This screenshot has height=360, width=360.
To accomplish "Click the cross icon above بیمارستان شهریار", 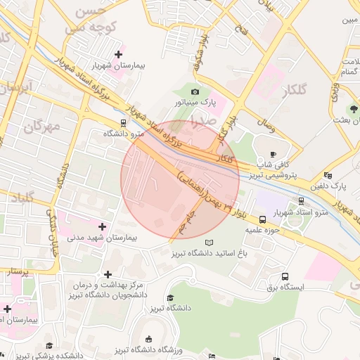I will [x=118, y=53].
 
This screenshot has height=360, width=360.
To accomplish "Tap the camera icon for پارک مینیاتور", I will [x=195, y=92].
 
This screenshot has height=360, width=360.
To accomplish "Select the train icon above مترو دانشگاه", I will [x=124, y=122].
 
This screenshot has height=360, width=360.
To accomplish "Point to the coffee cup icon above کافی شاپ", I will [x=273, y=154].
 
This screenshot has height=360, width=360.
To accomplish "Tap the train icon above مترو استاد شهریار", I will [x=301, y=200].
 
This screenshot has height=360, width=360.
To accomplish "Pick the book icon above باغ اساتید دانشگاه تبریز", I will [x=208, y=243].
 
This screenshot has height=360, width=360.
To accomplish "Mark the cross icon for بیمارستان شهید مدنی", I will [x=103, y=226].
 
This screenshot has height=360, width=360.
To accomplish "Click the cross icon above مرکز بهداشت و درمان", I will [x=108, y=274].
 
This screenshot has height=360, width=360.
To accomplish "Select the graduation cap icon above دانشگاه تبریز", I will [x=170, y=298].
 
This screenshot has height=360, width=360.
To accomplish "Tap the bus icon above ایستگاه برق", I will [x=285, y=276].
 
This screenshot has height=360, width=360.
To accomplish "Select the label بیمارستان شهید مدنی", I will [x=103, y=238].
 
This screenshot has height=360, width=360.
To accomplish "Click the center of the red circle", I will [x=180, y=179].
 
